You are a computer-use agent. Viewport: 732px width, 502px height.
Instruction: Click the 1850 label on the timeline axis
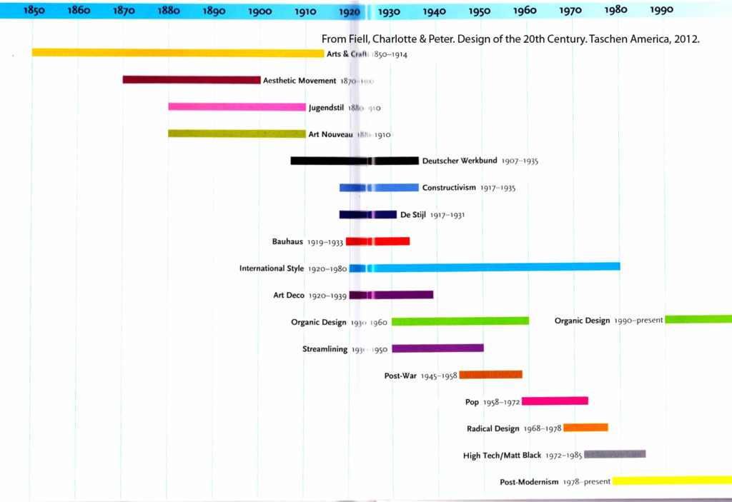pyautogui.click(x=34, y=11)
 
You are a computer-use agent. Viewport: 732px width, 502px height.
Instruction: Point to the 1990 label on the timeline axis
pyautogui.click(x=662, y=11)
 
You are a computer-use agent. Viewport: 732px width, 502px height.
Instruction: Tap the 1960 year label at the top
pyautogui.click(x=525, y=11)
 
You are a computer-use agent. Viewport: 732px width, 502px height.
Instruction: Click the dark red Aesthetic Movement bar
pyautogui.click(x=192, y=80)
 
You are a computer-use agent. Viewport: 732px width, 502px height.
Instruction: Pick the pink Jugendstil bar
pyautogui.click(x=237, y=107)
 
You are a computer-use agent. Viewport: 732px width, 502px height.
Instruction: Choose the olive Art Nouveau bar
pyautogui.click(x=237, y=134)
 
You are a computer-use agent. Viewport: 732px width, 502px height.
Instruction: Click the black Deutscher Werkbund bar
pyautogui.click(x=354, y=161)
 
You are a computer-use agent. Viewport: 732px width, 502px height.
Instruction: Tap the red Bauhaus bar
pyautogui.click(x=377, y=241)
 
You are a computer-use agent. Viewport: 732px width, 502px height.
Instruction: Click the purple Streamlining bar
pyautogui.click(x=437, y=348)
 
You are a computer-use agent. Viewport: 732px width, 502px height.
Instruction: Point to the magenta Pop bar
pyautogui.click(x=555, y=401)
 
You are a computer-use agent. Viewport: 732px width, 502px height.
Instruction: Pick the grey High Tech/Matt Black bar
pyautogui.click(x=615, y=454)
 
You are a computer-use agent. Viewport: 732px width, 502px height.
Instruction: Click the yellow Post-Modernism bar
pyautogui.click(x=672, y=481)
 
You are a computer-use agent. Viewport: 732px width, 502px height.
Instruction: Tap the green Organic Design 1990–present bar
pyautogui.click(x=698, y=319)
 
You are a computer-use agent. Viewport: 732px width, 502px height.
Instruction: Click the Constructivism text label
pyautogui.click(x=448, y=188)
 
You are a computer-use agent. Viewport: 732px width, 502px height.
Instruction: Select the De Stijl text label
pyautogui.click(x=412, y=214)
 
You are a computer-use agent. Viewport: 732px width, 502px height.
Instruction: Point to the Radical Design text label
pyautogui.click(x=493, y=428)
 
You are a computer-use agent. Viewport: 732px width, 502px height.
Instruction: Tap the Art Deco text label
pyautogui.click(x=289, y=295)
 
